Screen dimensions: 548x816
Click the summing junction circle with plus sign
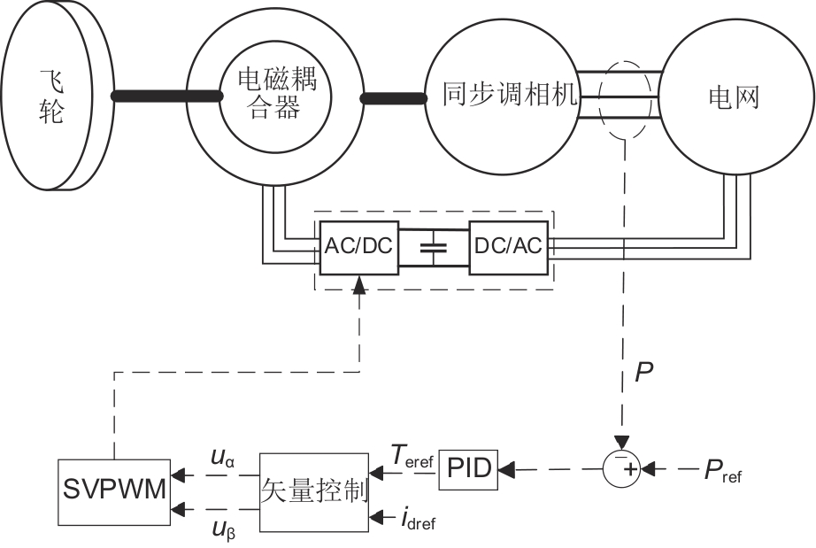pyautogui.click(x=624, y=467)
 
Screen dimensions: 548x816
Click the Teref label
pyautogui.click(x=411, y=456)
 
